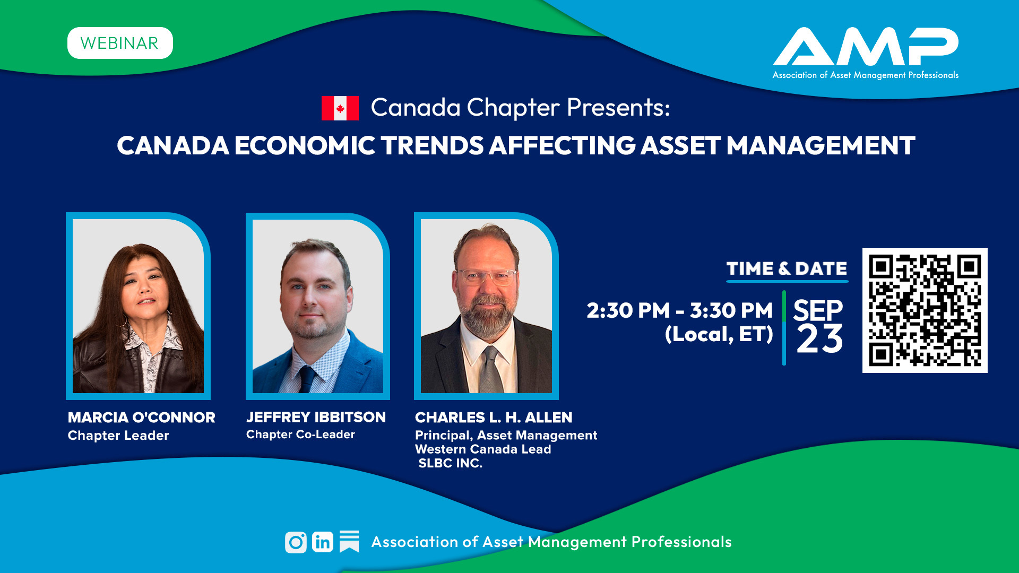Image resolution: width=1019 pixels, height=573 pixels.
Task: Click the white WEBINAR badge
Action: click(120, 43)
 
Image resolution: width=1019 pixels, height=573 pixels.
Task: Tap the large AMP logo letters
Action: click(865, 47)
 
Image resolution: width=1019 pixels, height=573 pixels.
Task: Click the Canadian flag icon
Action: click(340, 108)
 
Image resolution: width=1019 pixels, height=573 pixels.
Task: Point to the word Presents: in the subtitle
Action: click(618, 107)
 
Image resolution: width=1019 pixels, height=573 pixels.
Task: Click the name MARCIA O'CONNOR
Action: click(142, 418)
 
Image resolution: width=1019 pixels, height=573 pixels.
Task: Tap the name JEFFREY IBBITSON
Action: click(316, 417)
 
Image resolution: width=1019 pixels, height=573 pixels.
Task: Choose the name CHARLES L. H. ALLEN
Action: click(494, 418)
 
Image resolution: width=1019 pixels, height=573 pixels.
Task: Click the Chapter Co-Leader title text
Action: click(300, 435)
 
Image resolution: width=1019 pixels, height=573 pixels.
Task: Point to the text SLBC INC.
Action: click(450, 463)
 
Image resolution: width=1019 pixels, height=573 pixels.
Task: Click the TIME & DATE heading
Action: click(787, 268)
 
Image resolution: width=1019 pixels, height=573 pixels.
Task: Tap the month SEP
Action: click(818, 310)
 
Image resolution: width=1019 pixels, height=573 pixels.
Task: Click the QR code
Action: click(925, 310)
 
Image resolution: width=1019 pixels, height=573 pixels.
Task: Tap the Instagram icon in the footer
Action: click(296, 542)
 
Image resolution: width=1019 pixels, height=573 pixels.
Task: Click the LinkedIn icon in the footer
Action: click(323, 542)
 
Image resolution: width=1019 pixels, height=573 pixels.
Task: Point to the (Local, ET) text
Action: click(719, 334)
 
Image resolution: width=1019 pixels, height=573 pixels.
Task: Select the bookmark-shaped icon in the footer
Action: click(349, 542)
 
